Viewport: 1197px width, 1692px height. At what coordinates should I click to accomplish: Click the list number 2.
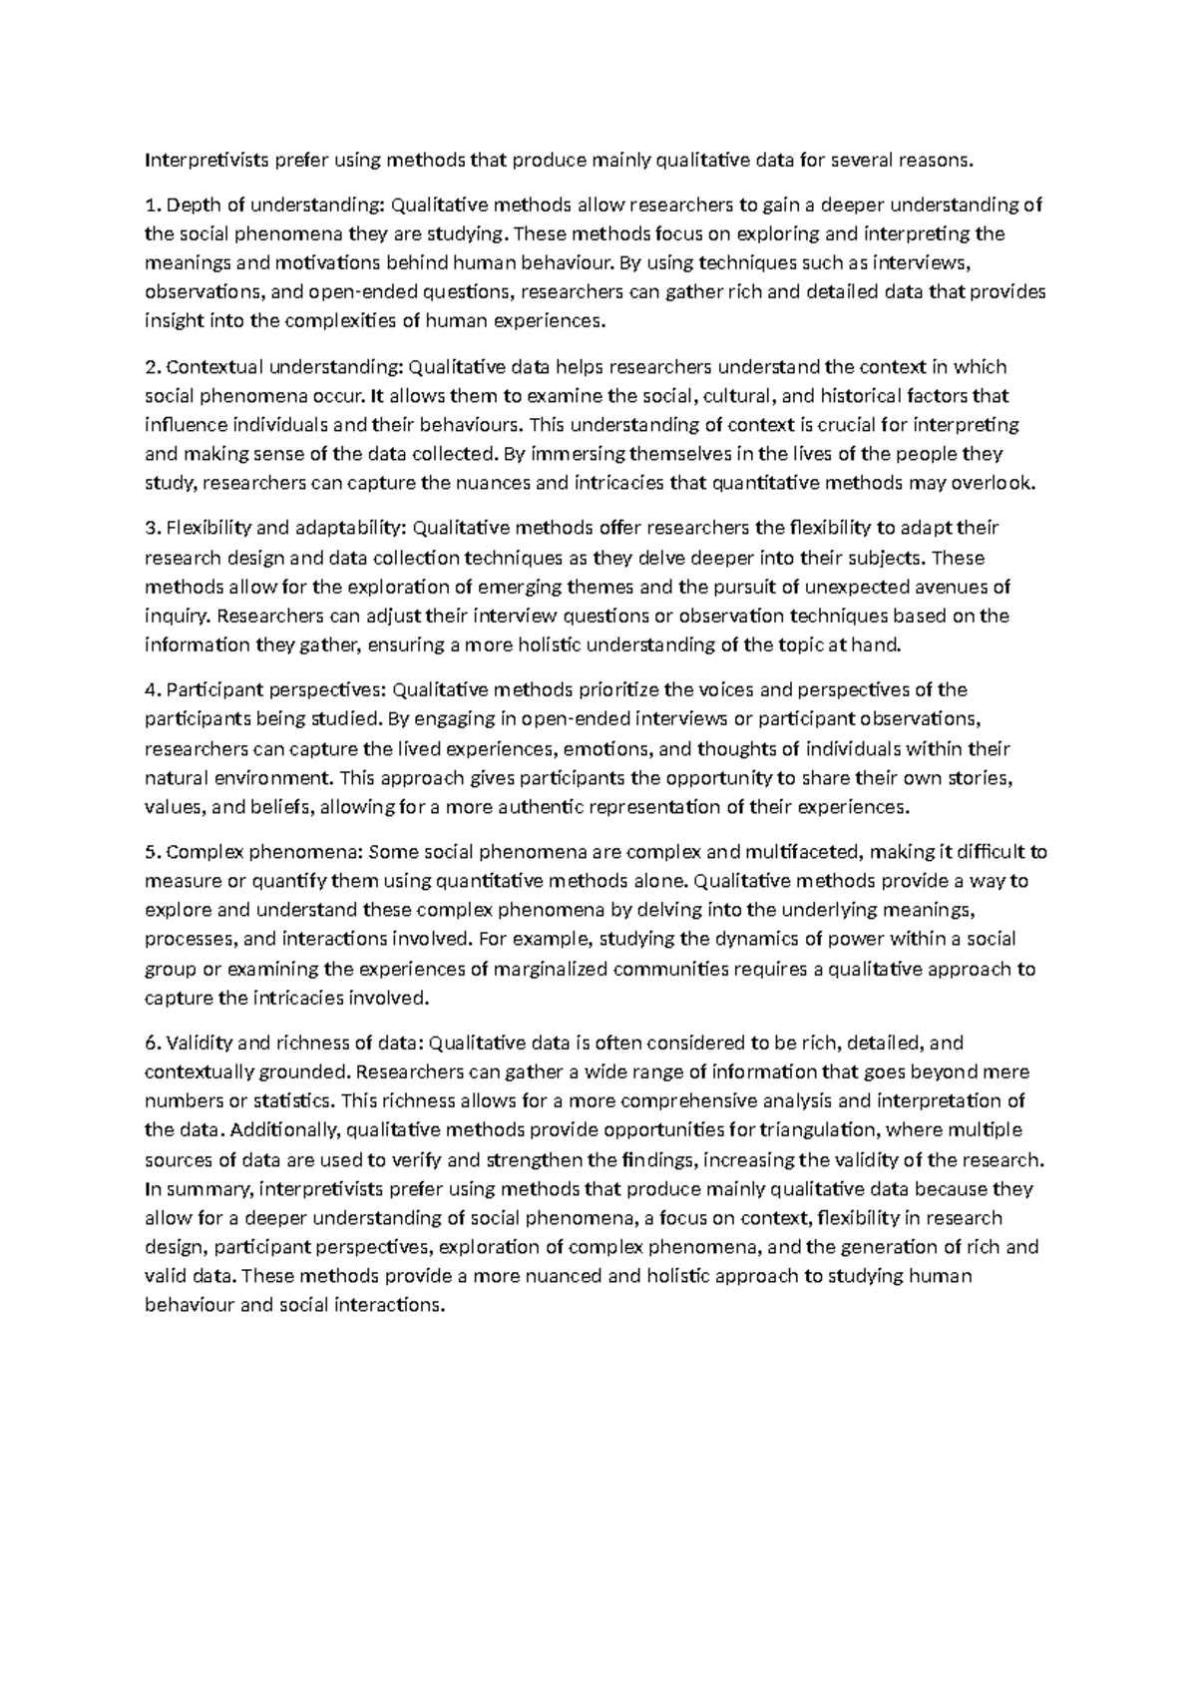pos(151,367)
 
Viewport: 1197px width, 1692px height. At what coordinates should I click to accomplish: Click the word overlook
pos(1000,483)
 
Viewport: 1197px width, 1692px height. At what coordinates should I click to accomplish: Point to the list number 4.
pos(151,689)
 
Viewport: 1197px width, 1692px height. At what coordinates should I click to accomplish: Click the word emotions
pos(605,748)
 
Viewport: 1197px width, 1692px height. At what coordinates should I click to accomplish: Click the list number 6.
pos(151,1044)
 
